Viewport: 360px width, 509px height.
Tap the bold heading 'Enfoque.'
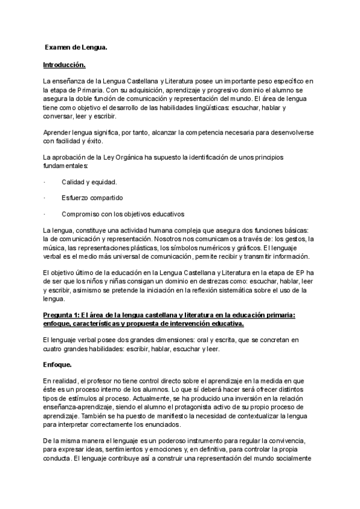(x=59, y=364)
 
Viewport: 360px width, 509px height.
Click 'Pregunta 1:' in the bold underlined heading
(x=61, y=315)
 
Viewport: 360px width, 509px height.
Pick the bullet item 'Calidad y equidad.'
(x=89, y=182)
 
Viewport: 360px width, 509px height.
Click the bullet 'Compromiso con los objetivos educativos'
(x=122, y=214)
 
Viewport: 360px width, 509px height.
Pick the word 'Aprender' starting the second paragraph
(x=59, y=132)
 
